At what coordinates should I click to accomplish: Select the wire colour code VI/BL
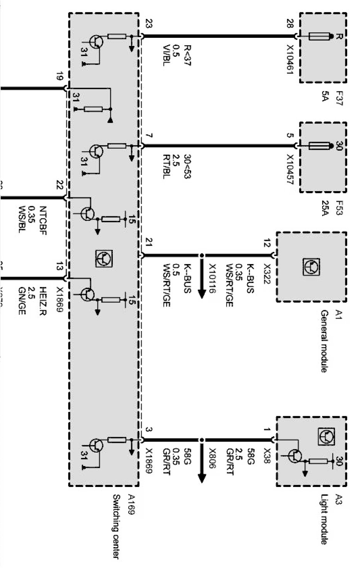pyautogui.click(x=166, y=55)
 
